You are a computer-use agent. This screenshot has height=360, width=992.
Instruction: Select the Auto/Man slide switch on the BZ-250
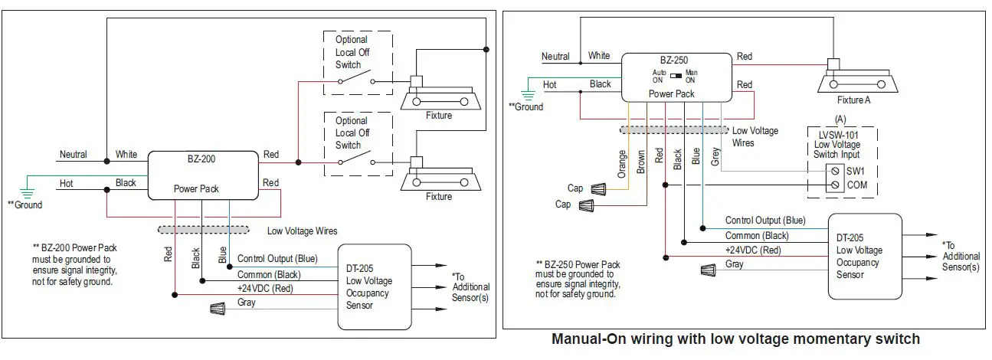(x=676, y=76)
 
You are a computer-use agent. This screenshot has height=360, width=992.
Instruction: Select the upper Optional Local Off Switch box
(x=358, y=64)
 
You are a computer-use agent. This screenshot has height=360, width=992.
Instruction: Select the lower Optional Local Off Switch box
(x=358, y=144)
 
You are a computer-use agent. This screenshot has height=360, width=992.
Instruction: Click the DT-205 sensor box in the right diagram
(x=864, y=256)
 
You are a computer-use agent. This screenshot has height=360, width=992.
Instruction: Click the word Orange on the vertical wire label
(x=622, y=163)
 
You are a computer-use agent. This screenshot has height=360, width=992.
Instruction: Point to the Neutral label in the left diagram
(x=74, y=155)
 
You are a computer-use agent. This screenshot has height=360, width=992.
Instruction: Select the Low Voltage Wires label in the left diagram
(x=302, y=231)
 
